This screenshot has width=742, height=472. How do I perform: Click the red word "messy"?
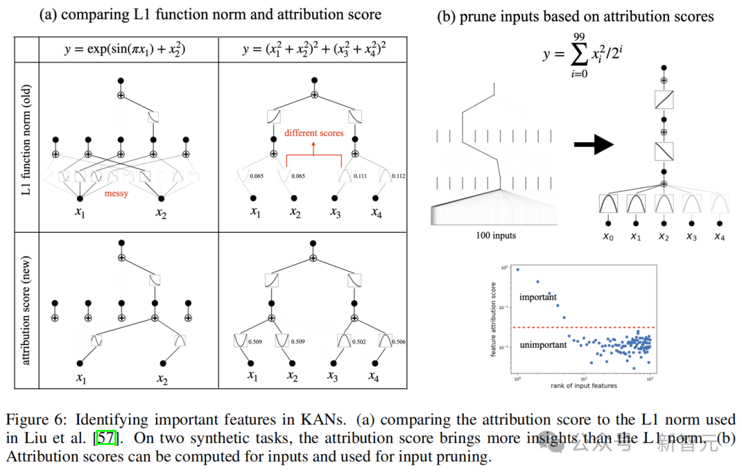(x=116, y=194)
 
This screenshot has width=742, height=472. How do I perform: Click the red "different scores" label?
(x=313, y=133)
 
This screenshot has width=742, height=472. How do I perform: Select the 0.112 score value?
(x=398, y=176)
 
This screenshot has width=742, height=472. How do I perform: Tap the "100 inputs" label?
(x=495, y=236)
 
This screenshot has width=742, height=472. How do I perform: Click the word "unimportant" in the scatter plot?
(x=543, y=344)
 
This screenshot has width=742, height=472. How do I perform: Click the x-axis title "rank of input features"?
(x=583, y=385)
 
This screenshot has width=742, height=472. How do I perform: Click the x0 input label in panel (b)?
(x=608, y=238)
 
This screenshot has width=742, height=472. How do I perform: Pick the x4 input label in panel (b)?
(x=719, y=238)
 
